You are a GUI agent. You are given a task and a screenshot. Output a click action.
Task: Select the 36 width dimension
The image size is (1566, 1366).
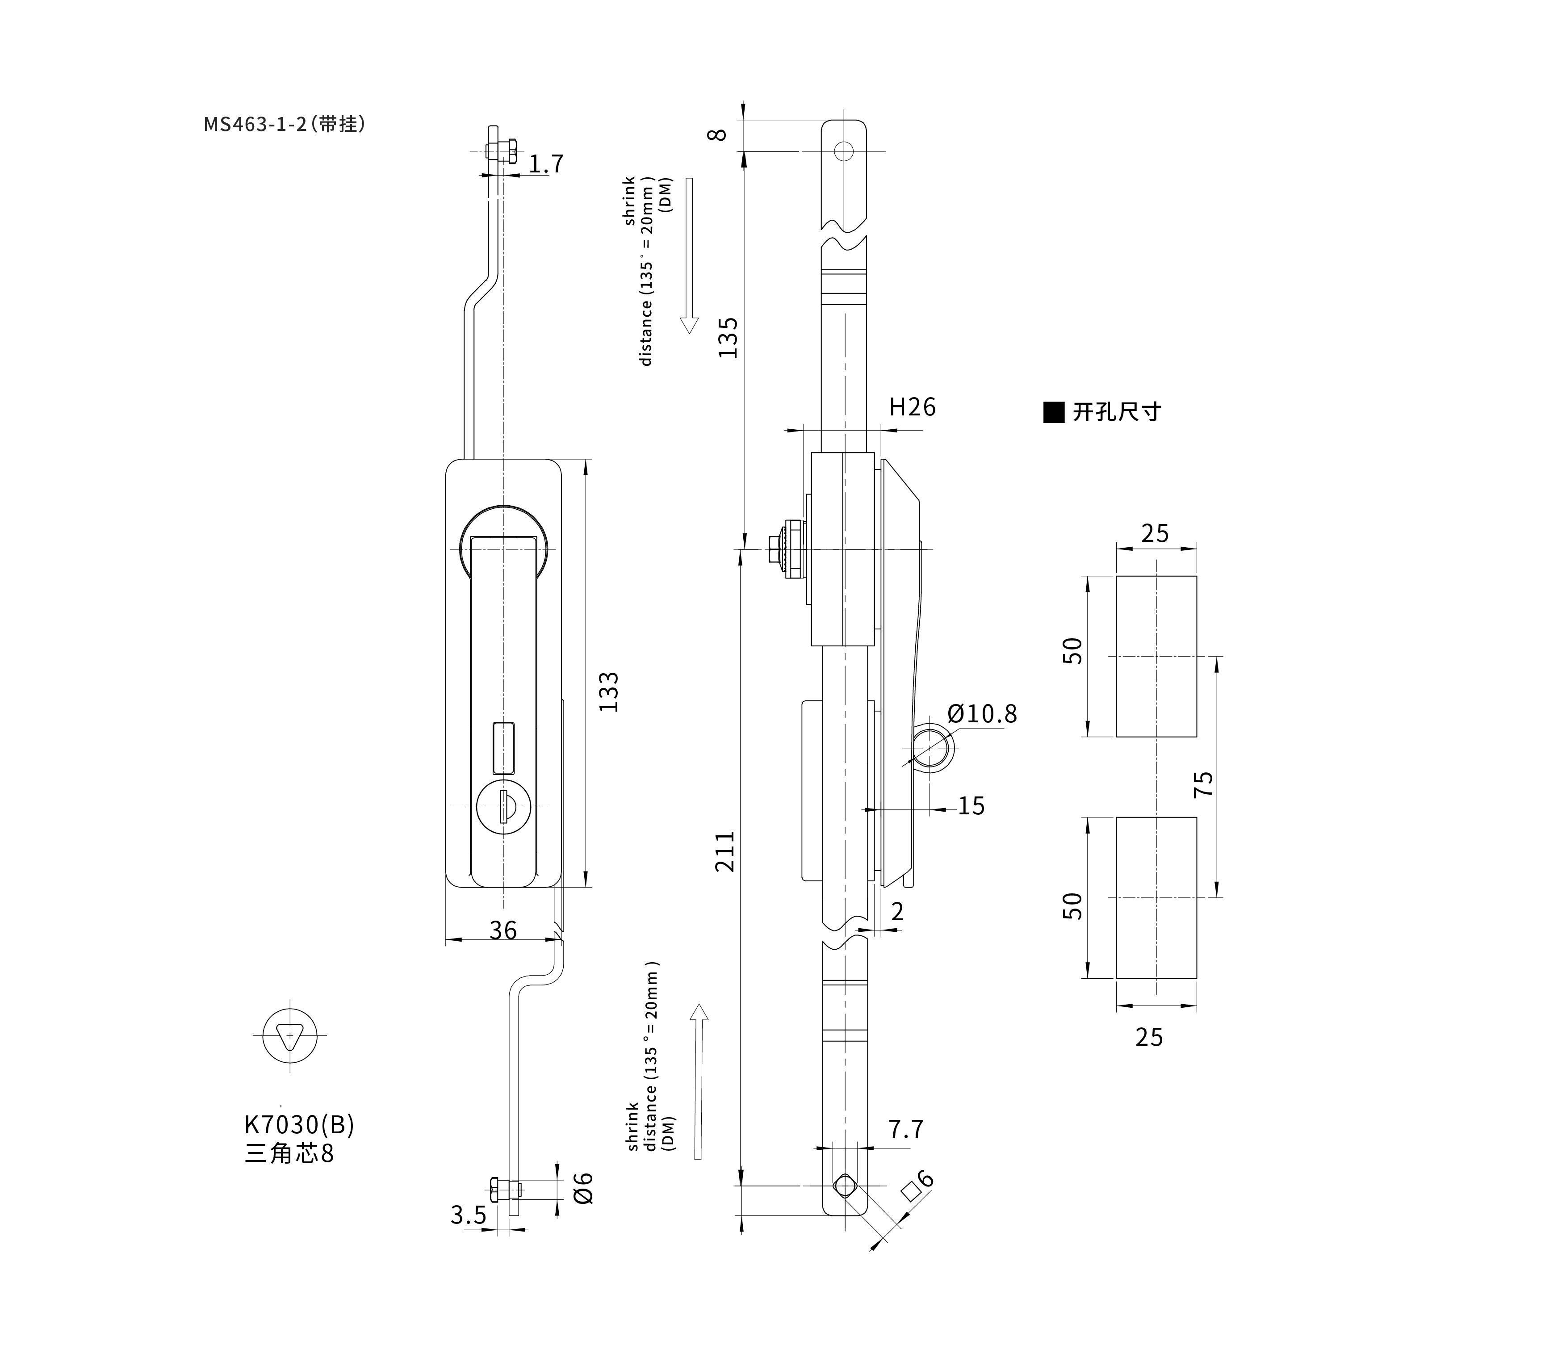tap(503, 930)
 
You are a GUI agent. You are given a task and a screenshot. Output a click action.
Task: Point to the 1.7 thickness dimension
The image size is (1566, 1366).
tap(546, 164)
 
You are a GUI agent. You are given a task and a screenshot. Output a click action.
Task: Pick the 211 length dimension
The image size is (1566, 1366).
tap(725, 851)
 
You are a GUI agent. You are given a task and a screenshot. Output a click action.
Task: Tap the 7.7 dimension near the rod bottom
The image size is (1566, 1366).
tap(906, 1129)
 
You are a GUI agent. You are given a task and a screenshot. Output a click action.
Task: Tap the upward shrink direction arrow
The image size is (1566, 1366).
tap(699, 1081)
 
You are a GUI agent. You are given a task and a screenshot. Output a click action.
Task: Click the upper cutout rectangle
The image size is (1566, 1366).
tap(1156, 656)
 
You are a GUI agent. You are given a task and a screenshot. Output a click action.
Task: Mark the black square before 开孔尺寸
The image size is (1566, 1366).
tap(1054, 412)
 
